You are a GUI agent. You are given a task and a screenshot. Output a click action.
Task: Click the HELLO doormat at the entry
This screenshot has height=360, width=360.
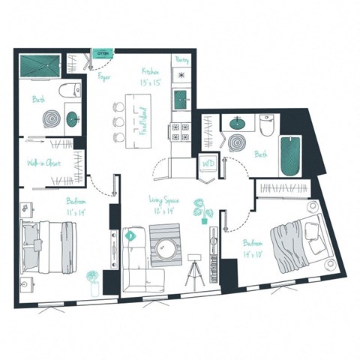coord(103,53)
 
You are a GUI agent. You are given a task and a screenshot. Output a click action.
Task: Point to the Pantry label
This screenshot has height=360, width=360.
coord(181,58)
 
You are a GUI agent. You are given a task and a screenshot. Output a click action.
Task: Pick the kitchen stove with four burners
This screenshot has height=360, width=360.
coord(181,133)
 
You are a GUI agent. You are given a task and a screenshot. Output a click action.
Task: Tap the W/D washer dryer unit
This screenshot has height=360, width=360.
coord(208,165)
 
